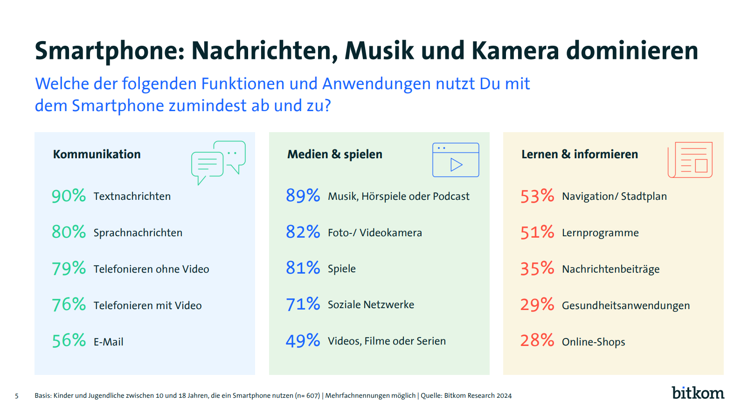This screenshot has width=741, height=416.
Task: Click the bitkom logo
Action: pyautogui.click(x=698, y=393)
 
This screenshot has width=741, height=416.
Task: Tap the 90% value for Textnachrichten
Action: pyautogui.click(x=69, y=196)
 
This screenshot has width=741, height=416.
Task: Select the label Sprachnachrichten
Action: pyautogui.click(x=138, y=233)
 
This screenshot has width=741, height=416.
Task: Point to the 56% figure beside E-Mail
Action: pyautogui.click(x=69, y=341)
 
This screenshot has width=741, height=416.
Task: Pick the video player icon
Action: pyautogui.click(x=456, y=160)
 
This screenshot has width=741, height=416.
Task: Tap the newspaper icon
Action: pyautogui.click(x=690, y=160)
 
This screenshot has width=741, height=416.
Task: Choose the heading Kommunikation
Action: pyautogui.click(x=97, y=154)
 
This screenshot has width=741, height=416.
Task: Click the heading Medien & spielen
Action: pyautogui.click(x=334, y=154)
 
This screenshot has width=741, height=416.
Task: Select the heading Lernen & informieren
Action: pyautogui.click(x=579, y=154)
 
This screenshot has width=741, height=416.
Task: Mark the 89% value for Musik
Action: pyautogui.click(x=303, y=196)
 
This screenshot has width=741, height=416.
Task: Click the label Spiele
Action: pyautogui.click(x=341, y=268)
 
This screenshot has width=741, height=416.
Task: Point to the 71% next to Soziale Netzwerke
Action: pyautogui.click(x=303, y=304)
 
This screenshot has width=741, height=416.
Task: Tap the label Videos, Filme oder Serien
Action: pyautogui.click(x=387, y=341)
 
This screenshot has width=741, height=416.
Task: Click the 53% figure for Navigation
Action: pyautogui.click(x=537, y=196)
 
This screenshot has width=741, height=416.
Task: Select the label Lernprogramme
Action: pyautogui.click(x=600, y=233)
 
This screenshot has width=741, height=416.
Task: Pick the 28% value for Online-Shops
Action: pyautogui.click(x=537, y=341)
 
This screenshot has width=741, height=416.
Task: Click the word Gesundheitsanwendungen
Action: pyautogui.click(x=625, y=305)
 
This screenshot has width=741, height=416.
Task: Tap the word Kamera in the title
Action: pyautogui.click(x=515, y=50)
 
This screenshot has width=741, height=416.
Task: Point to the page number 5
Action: pyautogui.click(x=17, y=396)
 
